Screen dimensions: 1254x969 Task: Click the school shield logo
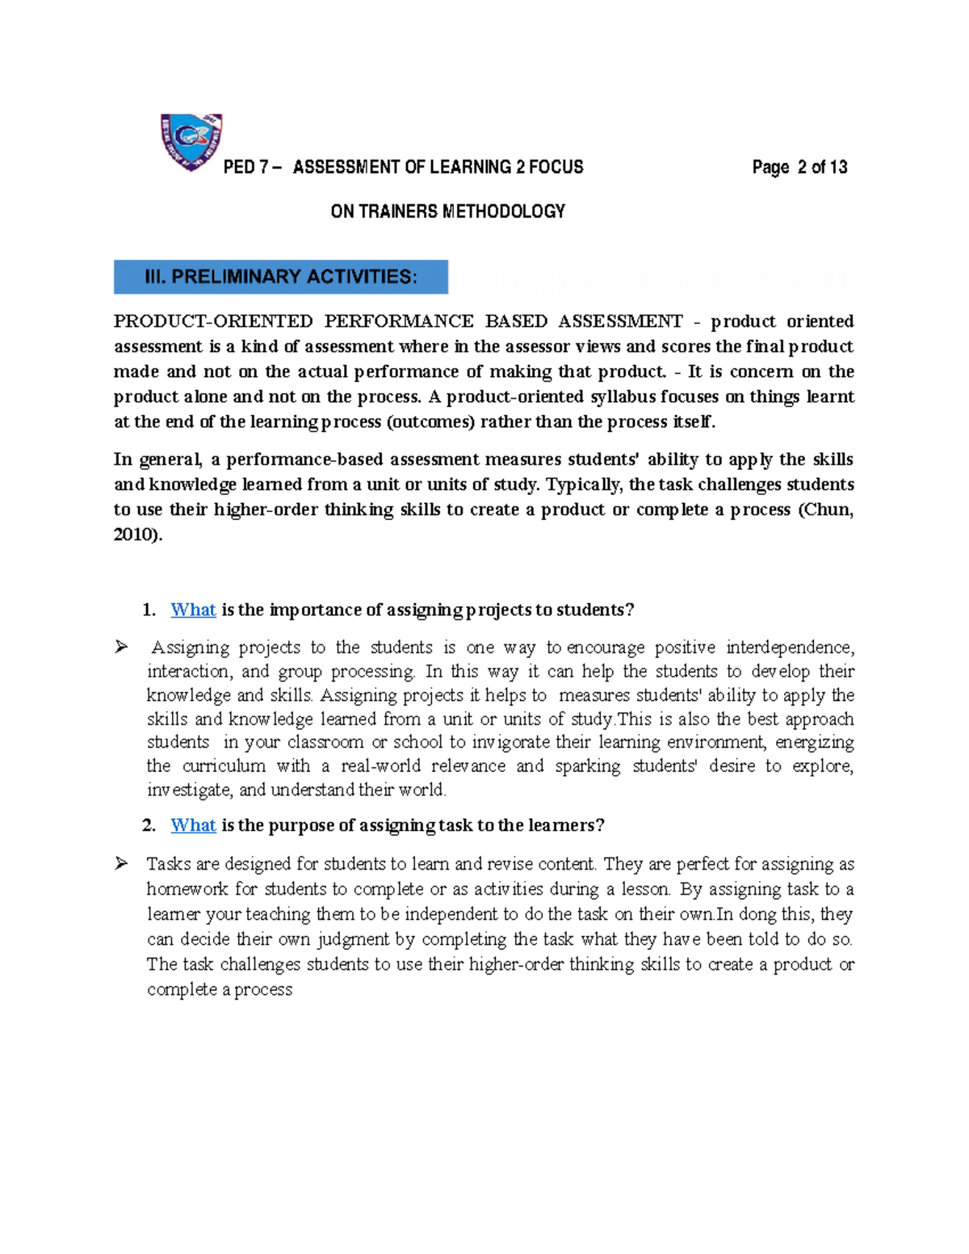pos(191,141)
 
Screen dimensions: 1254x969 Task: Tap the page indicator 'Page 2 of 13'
pos(799,167)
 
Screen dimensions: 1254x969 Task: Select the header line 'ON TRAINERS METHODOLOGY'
pos(447,212)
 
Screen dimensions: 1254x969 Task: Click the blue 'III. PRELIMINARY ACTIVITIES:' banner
pos(281,277)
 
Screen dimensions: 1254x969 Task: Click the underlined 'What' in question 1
pos(193,610)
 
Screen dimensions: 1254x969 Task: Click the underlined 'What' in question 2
pos(193,825)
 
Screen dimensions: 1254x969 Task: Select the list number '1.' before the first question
pos(149,610)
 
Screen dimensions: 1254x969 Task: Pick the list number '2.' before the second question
pos(149,825)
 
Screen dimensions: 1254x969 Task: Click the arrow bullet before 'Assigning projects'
pos(121,647)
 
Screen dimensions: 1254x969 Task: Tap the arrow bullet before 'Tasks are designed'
pos(121,864)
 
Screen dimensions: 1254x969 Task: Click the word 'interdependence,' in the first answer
pos(790,648)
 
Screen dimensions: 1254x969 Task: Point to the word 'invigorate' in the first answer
pos(510,742)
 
